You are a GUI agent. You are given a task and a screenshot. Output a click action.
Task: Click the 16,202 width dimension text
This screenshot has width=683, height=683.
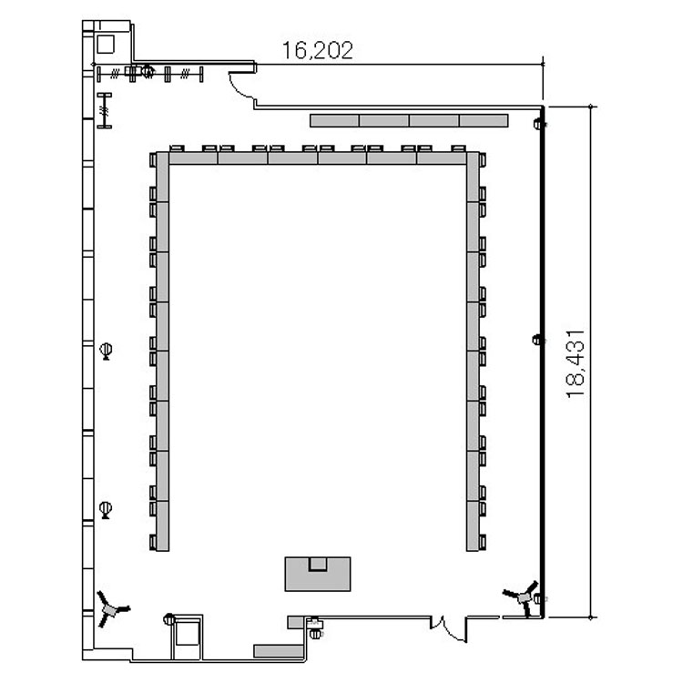318,50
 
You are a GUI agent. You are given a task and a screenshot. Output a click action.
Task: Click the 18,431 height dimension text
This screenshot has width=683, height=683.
576,363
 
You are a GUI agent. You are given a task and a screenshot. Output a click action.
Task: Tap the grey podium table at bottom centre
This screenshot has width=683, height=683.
318,574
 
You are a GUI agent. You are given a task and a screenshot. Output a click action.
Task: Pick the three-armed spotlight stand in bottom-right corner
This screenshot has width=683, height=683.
523,597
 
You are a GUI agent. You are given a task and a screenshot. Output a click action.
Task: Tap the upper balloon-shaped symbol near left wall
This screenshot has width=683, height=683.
106,352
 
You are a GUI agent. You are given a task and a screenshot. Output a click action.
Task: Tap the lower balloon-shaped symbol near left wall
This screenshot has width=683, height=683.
106,510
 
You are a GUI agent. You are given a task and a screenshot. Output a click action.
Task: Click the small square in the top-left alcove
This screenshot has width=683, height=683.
105,45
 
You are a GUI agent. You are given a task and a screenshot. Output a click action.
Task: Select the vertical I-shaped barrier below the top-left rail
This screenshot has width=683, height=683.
104,110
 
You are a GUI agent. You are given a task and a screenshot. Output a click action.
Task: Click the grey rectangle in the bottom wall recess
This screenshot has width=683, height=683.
279,651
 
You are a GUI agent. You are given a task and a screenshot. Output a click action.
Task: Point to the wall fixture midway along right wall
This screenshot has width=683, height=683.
538,340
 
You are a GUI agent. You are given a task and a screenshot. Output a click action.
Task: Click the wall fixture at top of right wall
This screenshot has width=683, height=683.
539,124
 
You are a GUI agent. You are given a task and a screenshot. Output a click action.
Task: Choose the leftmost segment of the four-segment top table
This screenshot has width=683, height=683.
334,120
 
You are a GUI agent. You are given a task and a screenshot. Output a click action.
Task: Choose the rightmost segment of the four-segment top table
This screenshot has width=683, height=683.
484,120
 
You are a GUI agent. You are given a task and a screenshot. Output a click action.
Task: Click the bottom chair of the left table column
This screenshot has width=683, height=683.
153,543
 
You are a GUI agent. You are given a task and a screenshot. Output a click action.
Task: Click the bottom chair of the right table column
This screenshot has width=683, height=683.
483,543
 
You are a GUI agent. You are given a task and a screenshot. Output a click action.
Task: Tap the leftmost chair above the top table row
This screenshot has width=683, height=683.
177,148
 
